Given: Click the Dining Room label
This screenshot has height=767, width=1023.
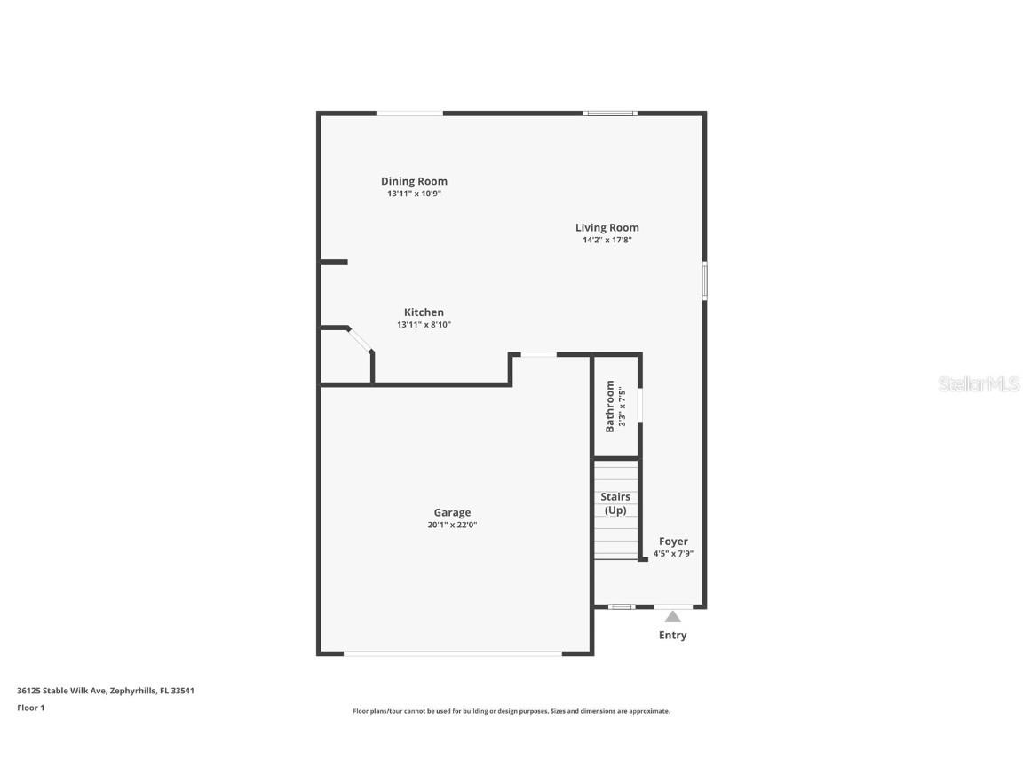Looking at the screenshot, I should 414,181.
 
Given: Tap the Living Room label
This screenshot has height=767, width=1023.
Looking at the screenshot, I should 607,227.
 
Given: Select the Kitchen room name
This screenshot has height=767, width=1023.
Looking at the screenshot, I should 424,312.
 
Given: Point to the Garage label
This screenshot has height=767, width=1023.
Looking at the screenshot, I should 452,512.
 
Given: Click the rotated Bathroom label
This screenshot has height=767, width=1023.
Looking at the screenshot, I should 610,406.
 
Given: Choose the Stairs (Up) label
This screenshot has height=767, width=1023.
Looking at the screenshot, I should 615,503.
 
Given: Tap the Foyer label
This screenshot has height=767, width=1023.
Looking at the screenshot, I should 673,542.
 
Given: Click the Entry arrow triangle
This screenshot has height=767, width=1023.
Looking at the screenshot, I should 673,616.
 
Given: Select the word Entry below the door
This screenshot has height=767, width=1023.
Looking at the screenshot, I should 672,636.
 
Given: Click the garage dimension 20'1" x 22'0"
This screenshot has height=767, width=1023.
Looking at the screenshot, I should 452,525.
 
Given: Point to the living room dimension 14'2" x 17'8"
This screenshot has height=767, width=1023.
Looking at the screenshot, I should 607,240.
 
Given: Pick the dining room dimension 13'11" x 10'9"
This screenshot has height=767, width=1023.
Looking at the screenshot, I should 414,194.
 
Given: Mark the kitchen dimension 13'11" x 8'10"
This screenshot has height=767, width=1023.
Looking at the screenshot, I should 424,325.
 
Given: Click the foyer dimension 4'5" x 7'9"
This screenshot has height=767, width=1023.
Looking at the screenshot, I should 673,553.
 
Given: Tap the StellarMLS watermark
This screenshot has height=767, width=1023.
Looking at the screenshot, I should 979,384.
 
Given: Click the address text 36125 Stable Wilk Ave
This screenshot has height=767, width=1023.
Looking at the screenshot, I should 61,690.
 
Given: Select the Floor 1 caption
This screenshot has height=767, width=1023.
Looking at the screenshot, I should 30,708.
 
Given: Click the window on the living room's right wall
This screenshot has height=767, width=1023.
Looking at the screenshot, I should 704,280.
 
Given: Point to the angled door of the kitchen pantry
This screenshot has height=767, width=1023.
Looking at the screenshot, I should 360,340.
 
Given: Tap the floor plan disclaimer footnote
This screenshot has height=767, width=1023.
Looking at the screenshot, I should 511,711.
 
